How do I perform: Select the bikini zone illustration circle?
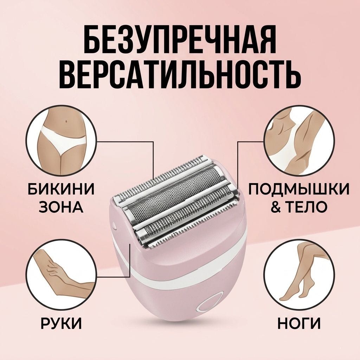pyautogui.click(x=61, y=142)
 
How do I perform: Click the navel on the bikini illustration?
pyautogui.click(x=66, y=121)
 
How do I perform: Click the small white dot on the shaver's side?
pyautogui.click(x=115, y=224)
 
